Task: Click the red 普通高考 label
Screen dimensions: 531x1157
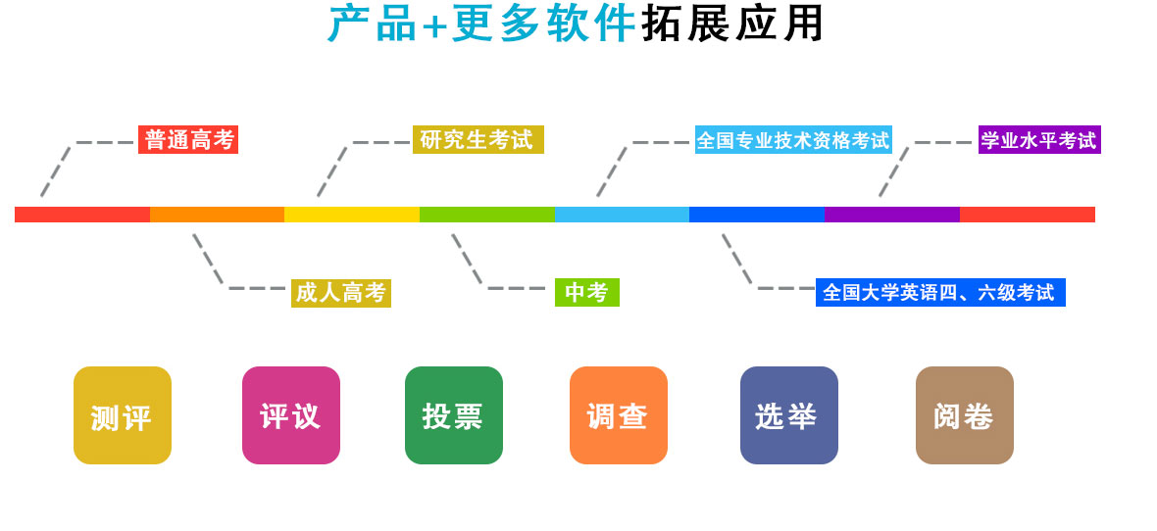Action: click(188, 140)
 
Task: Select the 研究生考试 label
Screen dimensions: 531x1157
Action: click(478, 140)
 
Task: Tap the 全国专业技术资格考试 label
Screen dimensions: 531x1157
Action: click(793, 140)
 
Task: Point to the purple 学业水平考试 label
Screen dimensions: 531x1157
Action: click(1039, 140)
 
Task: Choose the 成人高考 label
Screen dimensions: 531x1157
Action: click(340, 293)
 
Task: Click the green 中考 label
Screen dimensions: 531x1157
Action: click(586, 292)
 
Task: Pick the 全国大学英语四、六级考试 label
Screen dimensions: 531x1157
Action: click(939, 292)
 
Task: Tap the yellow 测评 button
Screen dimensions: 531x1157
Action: click(123, 415)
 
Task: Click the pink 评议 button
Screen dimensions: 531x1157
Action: click(291, 415)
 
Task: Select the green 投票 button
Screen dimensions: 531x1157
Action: click(454, 415)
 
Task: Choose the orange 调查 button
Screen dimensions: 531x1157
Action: click(619, 415)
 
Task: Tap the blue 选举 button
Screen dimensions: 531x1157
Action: click(789, 415)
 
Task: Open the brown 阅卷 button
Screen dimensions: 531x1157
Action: click(965, 415)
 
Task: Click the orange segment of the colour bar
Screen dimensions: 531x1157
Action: click(217, 215)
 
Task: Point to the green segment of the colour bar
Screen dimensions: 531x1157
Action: click(486, 215)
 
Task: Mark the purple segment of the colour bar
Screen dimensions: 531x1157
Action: click(891, 215)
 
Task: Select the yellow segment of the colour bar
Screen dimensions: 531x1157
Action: click(352, 215)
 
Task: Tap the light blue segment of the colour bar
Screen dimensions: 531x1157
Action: click(622, 215)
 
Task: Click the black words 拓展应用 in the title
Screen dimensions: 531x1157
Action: click(733, 24)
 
